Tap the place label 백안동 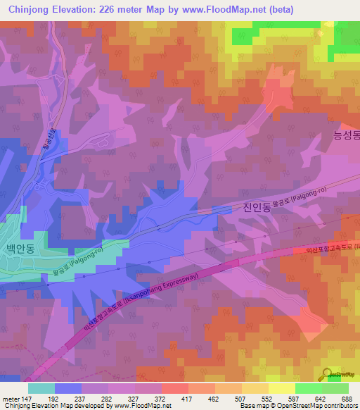(20, 251)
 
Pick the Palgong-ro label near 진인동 (302, 196)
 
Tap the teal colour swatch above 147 (41, 387)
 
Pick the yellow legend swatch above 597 (281, 387)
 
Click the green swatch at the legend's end (335, 387)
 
